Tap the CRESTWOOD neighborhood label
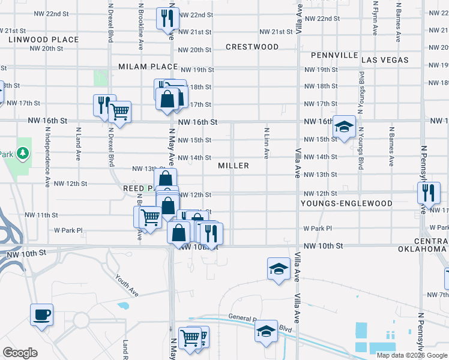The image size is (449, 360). point(252,47)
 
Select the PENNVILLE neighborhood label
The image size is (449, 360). point(334,55)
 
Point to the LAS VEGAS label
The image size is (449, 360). point(385,60)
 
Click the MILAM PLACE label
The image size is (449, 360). point(148,67)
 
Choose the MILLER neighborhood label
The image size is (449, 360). point(234,165)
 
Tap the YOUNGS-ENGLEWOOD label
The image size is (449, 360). point(348,203)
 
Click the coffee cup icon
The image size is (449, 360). point(41,315)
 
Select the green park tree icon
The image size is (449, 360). point(23,152)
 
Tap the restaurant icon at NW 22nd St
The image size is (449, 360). point(167,18)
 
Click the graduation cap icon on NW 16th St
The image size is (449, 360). point(344,127)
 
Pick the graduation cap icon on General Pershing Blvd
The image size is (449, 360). point(266,331)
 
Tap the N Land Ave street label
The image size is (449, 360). point(78,143)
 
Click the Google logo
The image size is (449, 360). point(20,353)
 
